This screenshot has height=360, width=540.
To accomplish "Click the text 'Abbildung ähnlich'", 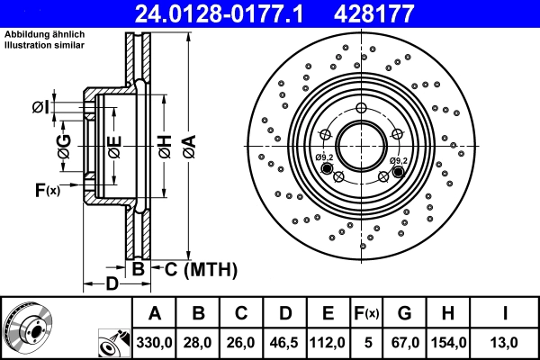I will pyautogui.click(x=44, y=35).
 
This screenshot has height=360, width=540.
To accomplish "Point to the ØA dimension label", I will pyautogui.click(x=187, y=142).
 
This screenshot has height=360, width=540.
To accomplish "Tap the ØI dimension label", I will pyautogui.click(x=40, y=108).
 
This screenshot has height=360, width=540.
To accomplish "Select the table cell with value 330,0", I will pyautogui.click(x=155, y=342).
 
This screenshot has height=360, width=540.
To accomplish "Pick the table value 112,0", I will pyautogui.click(x=328, y=342).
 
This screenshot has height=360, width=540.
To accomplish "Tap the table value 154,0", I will pyautogui.click(x=448, y=342).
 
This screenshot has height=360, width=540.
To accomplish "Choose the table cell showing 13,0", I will pyautogui.click(x=506, y=342).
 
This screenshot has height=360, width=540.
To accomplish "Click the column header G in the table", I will pyautogui.click(x=404, y=313).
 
